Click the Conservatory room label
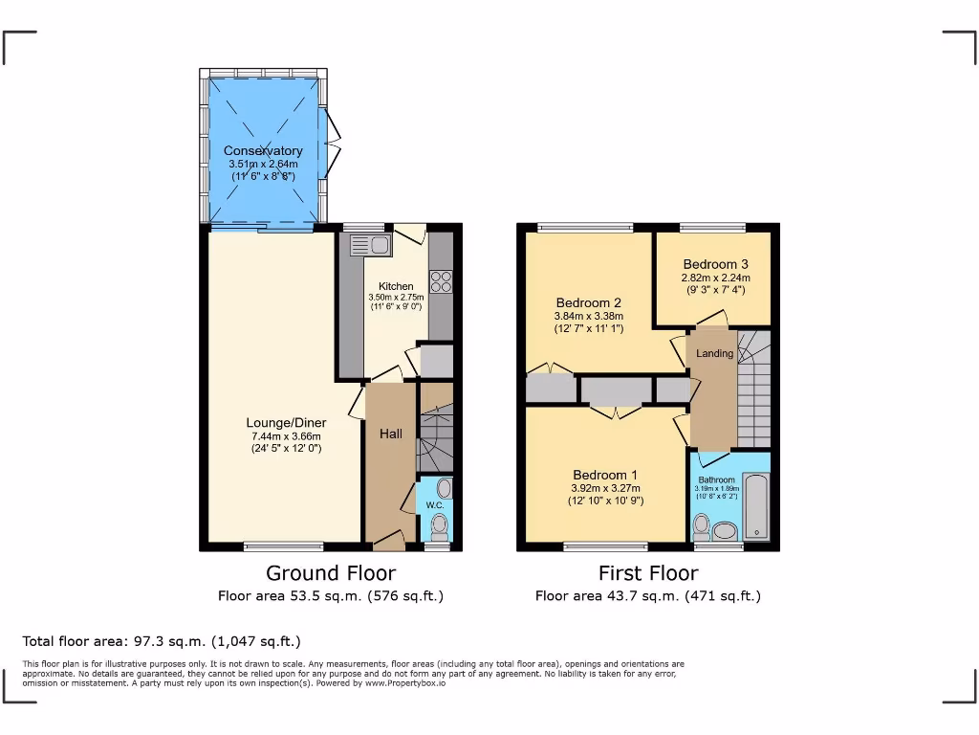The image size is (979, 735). point(263,150)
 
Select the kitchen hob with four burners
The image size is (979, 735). point(441,280)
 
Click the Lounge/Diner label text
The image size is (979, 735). point(286,423)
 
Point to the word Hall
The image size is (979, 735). point(391,434)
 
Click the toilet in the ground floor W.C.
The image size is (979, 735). point(439,526)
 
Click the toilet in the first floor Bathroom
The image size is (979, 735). point(702,525)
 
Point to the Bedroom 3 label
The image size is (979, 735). point(714,264)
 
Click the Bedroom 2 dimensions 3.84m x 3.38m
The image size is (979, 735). point(588,317)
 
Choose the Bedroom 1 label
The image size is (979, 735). point(604,475)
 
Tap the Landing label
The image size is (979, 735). point(714,353)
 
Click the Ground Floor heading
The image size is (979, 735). point(330,573)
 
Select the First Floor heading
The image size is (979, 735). point(648,573)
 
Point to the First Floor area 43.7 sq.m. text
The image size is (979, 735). point(647,596)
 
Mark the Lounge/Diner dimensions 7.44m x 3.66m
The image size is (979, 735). point(286,436)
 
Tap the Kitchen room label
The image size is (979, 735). point(396,286)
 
